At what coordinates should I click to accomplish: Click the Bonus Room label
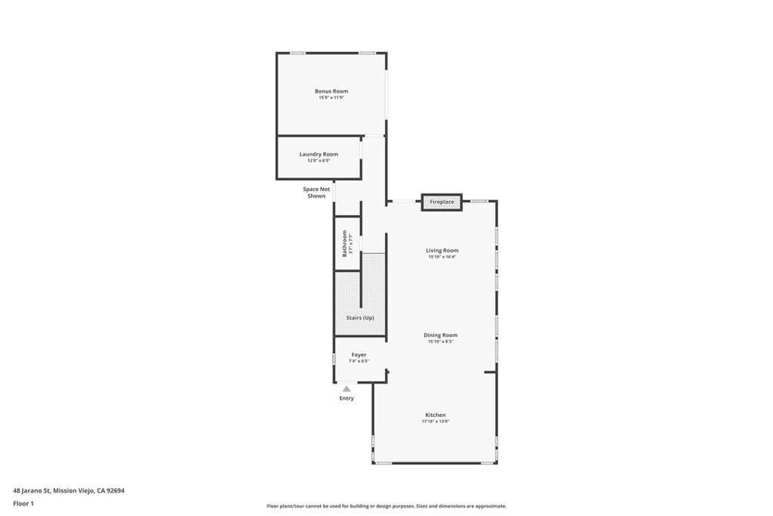point(331,91)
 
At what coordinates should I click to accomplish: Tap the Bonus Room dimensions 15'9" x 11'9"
point(331,97)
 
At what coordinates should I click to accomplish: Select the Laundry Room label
point(319,154)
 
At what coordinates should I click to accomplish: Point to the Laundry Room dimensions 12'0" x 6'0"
point(319,161)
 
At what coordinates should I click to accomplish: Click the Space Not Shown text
point(316,193)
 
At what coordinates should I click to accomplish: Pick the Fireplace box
point(442,202)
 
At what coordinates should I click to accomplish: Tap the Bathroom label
point(345,243)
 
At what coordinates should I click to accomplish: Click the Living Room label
point(442,251)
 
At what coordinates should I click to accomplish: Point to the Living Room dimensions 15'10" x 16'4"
point(442,257)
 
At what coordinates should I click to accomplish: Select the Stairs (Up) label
point(360,318)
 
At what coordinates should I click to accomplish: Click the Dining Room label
point(440,335)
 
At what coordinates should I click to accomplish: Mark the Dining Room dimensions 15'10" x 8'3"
point(440,341)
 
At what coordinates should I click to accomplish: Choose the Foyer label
point(359,355)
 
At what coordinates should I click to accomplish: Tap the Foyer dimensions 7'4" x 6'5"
point(359,361)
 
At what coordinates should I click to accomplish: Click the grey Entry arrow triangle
point(346,389)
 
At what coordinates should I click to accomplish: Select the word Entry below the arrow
point(346,398)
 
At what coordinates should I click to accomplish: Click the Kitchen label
point(436,416)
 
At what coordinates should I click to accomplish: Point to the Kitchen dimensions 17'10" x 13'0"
point(436,422)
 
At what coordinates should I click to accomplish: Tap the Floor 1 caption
point(23,503)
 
